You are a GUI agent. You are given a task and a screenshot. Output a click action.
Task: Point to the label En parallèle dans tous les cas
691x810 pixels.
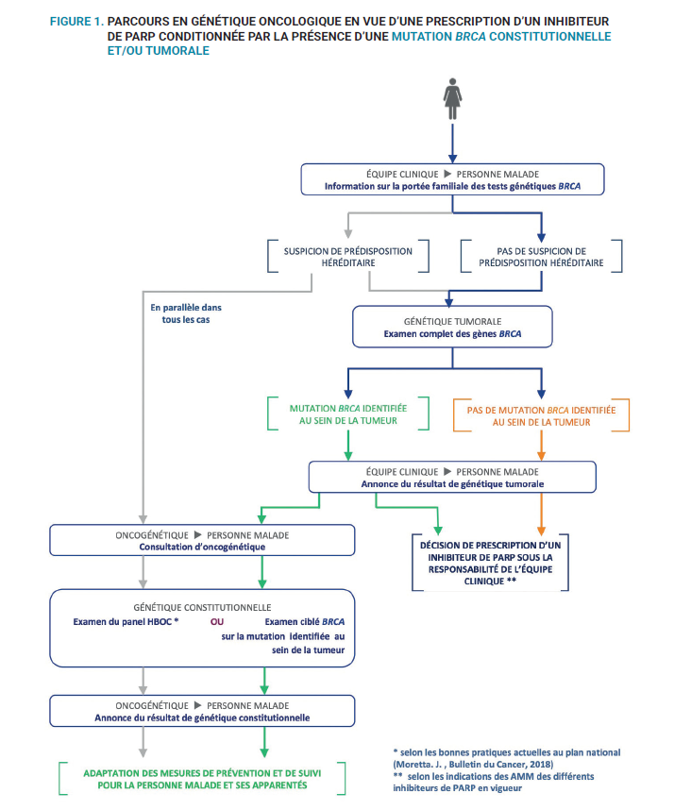[185, 313]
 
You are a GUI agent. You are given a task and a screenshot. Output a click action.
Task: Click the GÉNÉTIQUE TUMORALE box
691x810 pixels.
[451, 329]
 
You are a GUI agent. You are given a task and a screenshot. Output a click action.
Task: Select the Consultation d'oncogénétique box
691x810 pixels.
[202, 540]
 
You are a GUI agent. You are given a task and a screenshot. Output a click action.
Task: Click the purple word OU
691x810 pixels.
[216, 622]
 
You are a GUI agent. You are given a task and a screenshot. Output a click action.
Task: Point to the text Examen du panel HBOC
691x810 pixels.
[126, 622]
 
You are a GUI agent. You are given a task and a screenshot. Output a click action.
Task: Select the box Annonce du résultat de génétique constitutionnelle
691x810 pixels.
[202, 711]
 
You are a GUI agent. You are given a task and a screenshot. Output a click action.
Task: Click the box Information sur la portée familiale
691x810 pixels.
[452, 179]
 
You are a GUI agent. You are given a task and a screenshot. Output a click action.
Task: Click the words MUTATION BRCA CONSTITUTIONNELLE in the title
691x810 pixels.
[500, 36]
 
